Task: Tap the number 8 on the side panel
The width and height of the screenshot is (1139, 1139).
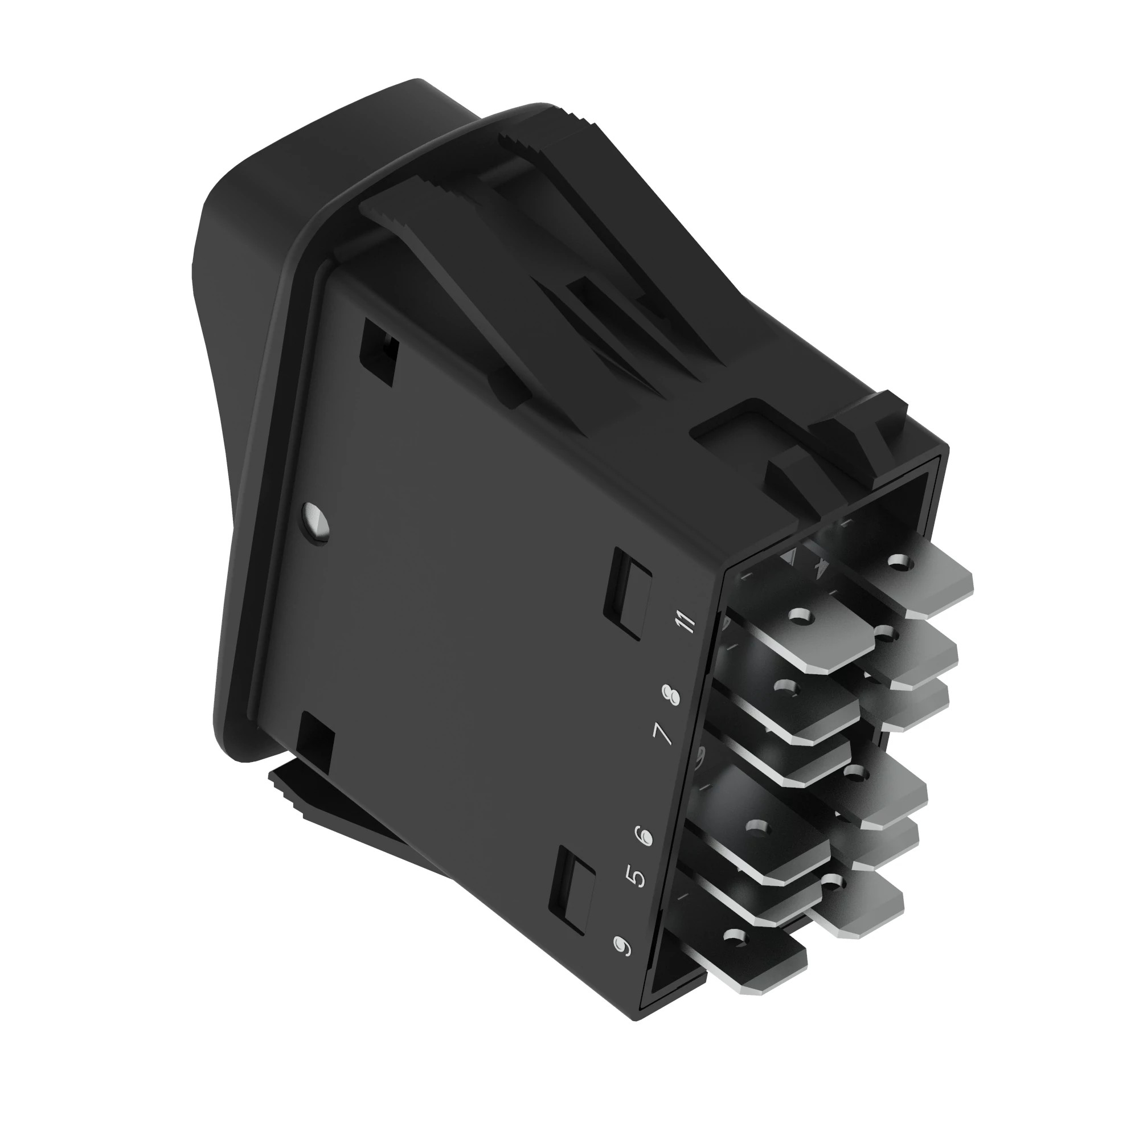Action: coord(670,695)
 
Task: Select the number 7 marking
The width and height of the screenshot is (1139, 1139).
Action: coord(663,734)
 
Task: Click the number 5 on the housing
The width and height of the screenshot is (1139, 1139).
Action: coord(636,876)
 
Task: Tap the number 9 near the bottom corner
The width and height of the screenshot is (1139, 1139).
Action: coord(622,946)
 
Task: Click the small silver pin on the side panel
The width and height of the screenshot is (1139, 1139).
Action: coord(316,521)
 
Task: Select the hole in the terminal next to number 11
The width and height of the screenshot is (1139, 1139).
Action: coord(799,617)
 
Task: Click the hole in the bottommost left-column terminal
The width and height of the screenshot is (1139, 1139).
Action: coord(734,935)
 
